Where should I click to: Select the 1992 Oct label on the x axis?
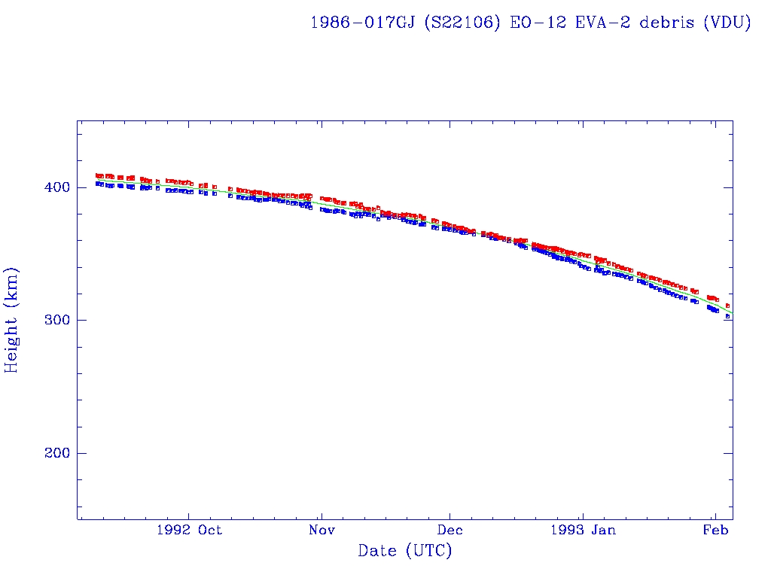click(x=189, y=531)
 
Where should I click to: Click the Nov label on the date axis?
click(x=322, y=531)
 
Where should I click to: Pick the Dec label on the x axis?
click(x=449, y=531)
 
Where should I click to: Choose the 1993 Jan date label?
click(x=582, y=531)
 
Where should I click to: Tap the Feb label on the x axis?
click(x=715, y=531)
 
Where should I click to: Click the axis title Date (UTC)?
click(x=405, y=552)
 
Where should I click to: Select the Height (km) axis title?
click(x=12, y=320)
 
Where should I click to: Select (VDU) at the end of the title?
click(x=727, y=23)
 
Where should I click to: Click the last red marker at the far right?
click(x=727, y=306)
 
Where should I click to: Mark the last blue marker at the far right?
click(x=727, y=317)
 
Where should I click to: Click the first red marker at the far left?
click(x=97, y=175)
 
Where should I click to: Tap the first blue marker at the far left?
click(x=97, y=183)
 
